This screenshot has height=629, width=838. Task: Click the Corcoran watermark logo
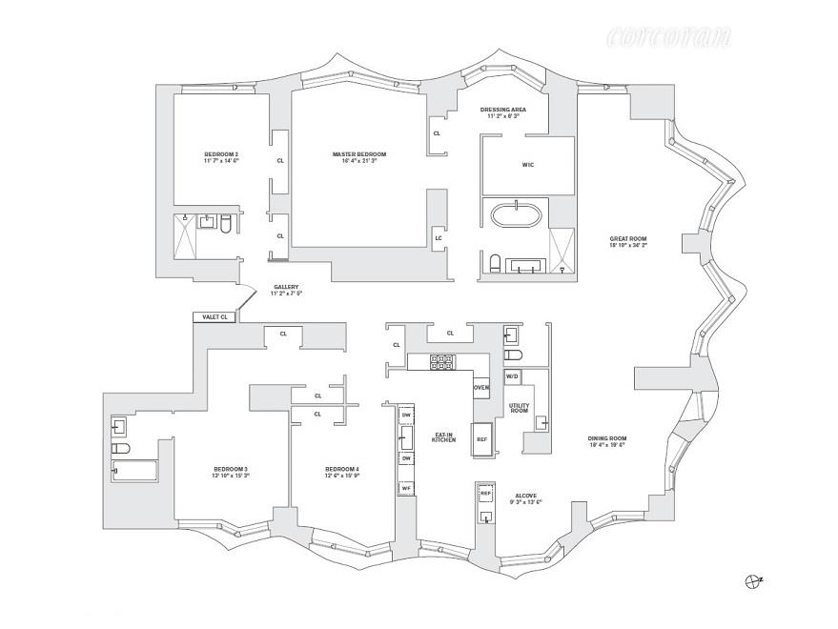(x=669, y=39)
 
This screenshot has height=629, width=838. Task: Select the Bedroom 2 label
(x=220, y=157)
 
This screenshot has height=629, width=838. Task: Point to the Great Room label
(x=628, y=241)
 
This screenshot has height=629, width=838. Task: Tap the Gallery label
(x=286, y=290)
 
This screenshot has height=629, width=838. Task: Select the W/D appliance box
(x=511, y=377)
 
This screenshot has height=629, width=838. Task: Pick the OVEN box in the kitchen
(x=481, y=388)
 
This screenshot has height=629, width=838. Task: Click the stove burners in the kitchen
(x=442, y=361)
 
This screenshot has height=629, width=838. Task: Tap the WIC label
(x=527, y=165)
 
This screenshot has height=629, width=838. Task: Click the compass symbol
(x=754, y=578)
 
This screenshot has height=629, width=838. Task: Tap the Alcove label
(x=527, y=498)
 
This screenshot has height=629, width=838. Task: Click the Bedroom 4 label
(x=341, y=473)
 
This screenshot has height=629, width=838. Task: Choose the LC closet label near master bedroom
(x=437, y=237)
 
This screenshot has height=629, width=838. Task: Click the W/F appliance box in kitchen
(x=405, y=488)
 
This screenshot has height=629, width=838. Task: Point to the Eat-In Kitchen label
(x=444, y=436)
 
